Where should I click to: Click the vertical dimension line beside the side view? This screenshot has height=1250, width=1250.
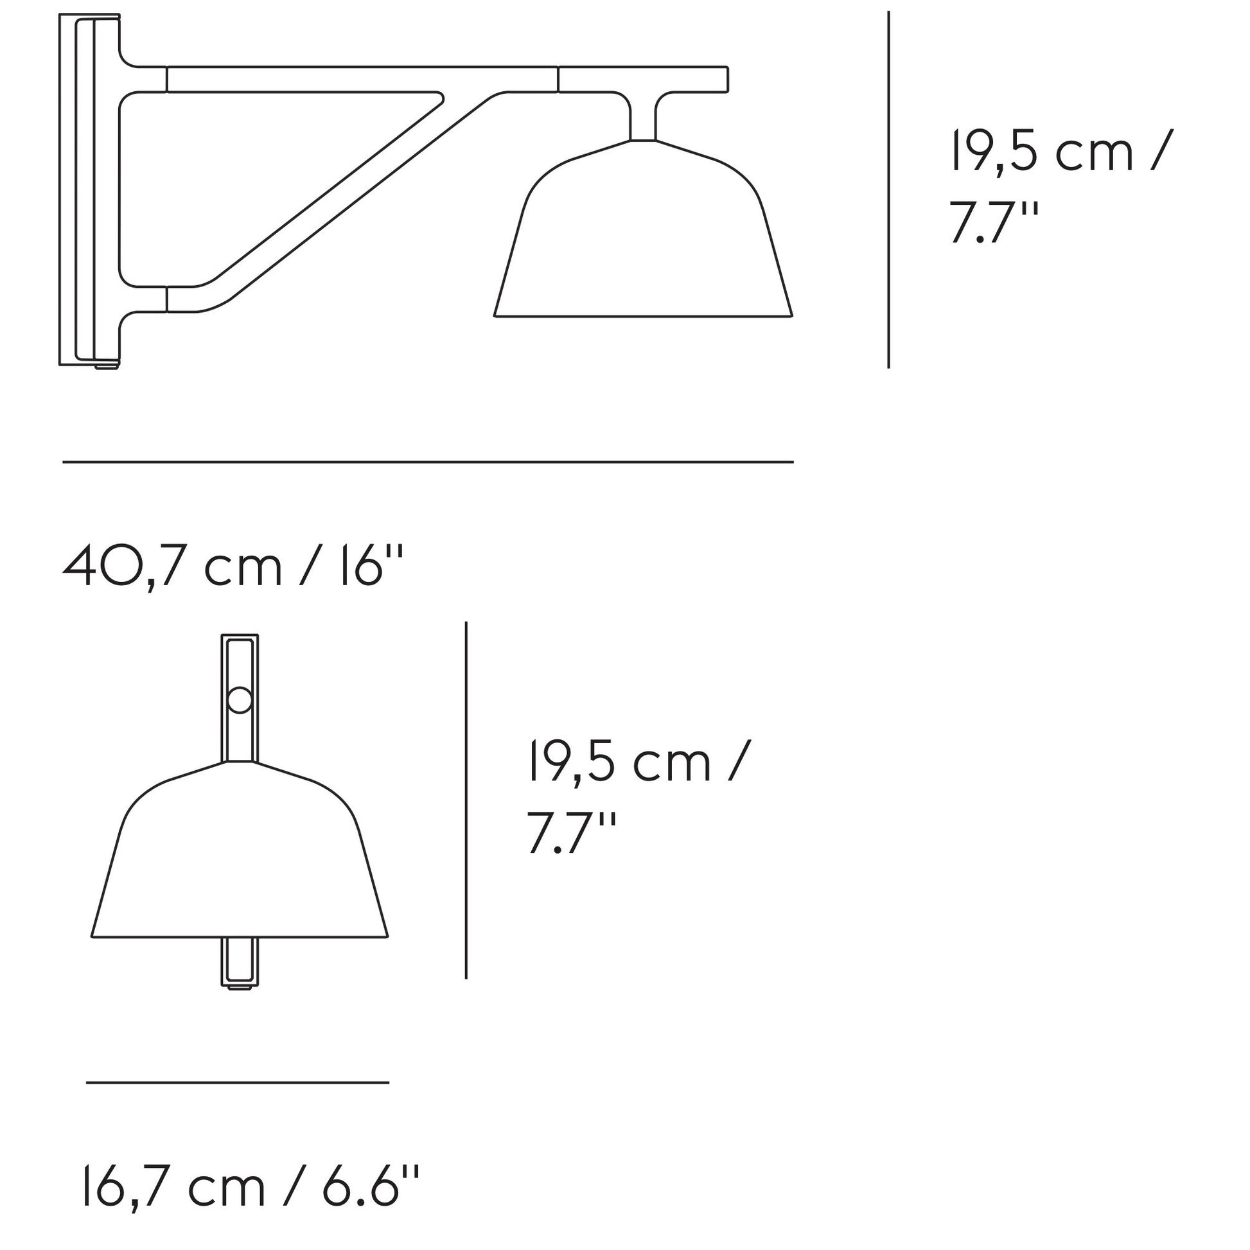coord(888,189)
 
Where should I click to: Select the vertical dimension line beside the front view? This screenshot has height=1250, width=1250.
coord(466,800)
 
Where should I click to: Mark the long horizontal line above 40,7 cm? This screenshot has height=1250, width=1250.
coord(428,462)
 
